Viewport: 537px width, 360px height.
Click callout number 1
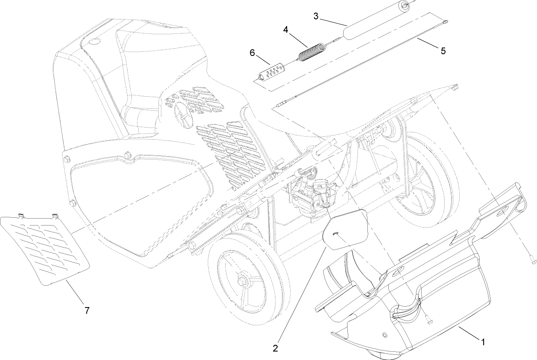(x=482, y=341)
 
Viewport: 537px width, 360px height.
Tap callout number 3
(x=316, y=16)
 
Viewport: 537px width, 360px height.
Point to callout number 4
(x=285, y=29)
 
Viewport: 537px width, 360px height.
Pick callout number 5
(x=442, y=51)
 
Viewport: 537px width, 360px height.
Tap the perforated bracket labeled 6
(x=270, y=72)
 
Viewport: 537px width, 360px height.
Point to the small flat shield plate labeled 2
(x=346, y=230)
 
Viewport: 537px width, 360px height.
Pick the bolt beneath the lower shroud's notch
(x=429, y=321)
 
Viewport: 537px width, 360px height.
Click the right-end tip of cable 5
(x=446, y=21)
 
